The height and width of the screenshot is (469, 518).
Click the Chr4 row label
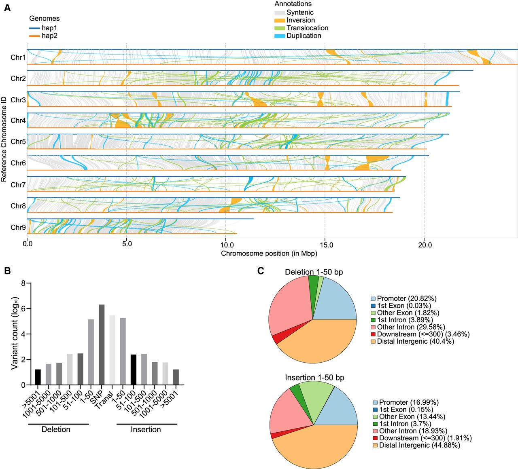tap(18, 120)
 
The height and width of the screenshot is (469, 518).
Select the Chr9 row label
tap(18, 227)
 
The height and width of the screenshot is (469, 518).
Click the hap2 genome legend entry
tap(49, 36)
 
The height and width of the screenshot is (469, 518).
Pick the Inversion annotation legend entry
tap(300, 20)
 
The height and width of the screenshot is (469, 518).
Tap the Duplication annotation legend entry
tap(304, 36)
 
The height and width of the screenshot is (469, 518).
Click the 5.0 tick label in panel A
tap(127, 245)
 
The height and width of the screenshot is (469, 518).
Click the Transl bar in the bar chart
tap(112, 350)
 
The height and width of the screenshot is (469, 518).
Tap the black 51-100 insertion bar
tap(133, 370)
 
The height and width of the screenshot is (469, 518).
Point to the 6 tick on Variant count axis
tap(23, 309)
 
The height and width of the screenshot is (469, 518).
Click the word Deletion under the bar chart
tap(56, 429)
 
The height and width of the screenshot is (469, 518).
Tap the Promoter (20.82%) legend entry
tap(406, 299)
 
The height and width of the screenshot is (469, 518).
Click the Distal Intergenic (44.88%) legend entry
tap(419, 445)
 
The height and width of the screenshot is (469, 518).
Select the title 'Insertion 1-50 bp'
tap(314, 378)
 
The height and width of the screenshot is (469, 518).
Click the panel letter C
tap(261, 270)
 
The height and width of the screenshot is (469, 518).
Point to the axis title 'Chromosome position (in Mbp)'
tap(269, 254)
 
